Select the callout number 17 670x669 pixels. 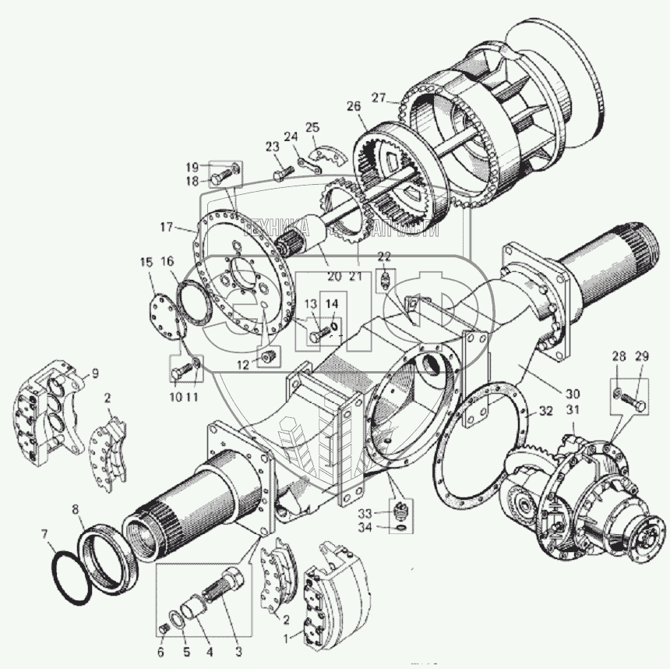tap(166, 227)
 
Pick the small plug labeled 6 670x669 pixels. tap(164, 629)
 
